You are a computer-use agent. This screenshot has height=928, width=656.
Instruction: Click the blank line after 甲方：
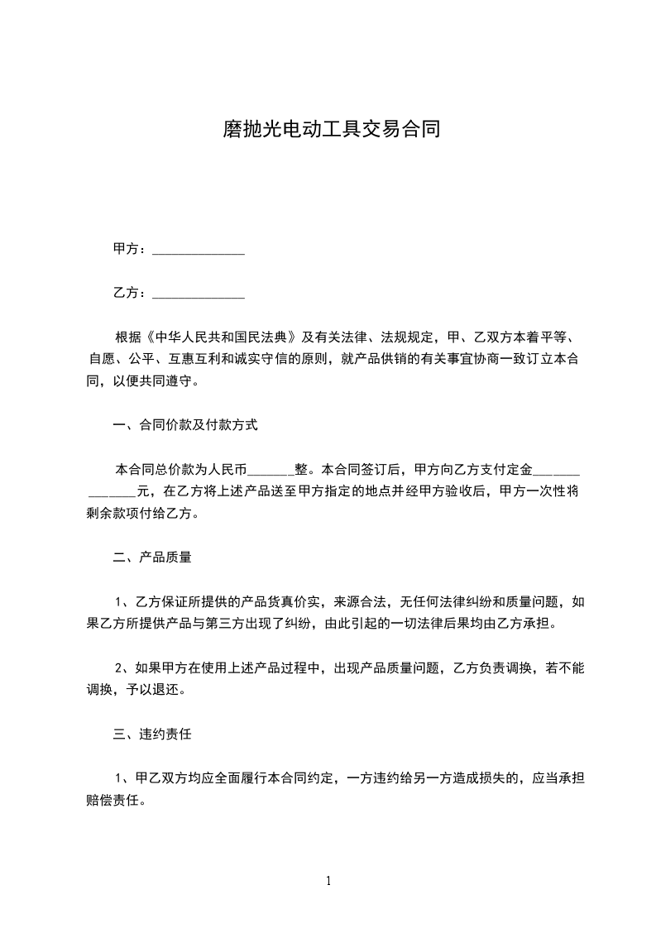(199, 250)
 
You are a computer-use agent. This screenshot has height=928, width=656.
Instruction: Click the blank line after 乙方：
(199, 294)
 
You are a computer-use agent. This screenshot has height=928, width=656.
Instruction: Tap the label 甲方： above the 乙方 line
(131, 249)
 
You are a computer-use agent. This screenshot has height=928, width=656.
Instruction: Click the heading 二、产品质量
(152, 557)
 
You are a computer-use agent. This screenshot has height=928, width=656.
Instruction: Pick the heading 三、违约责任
(152, 734)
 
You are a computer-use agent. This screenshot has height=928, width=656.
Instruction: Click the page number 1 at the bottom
(328, 881)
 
